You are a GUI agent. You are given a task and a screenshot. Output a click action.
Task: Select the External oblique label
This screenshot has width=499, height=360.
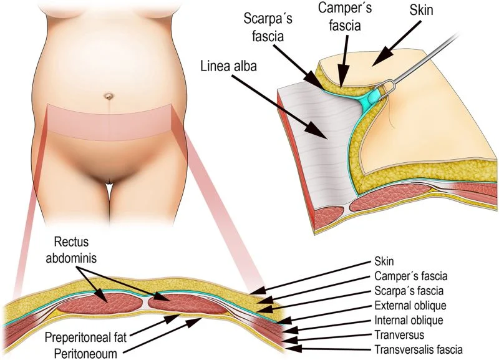click(409, 306)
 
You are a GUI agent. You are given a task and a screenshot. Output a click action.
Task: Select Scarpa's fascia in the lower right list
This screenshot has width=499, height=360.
click(410, 291)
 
